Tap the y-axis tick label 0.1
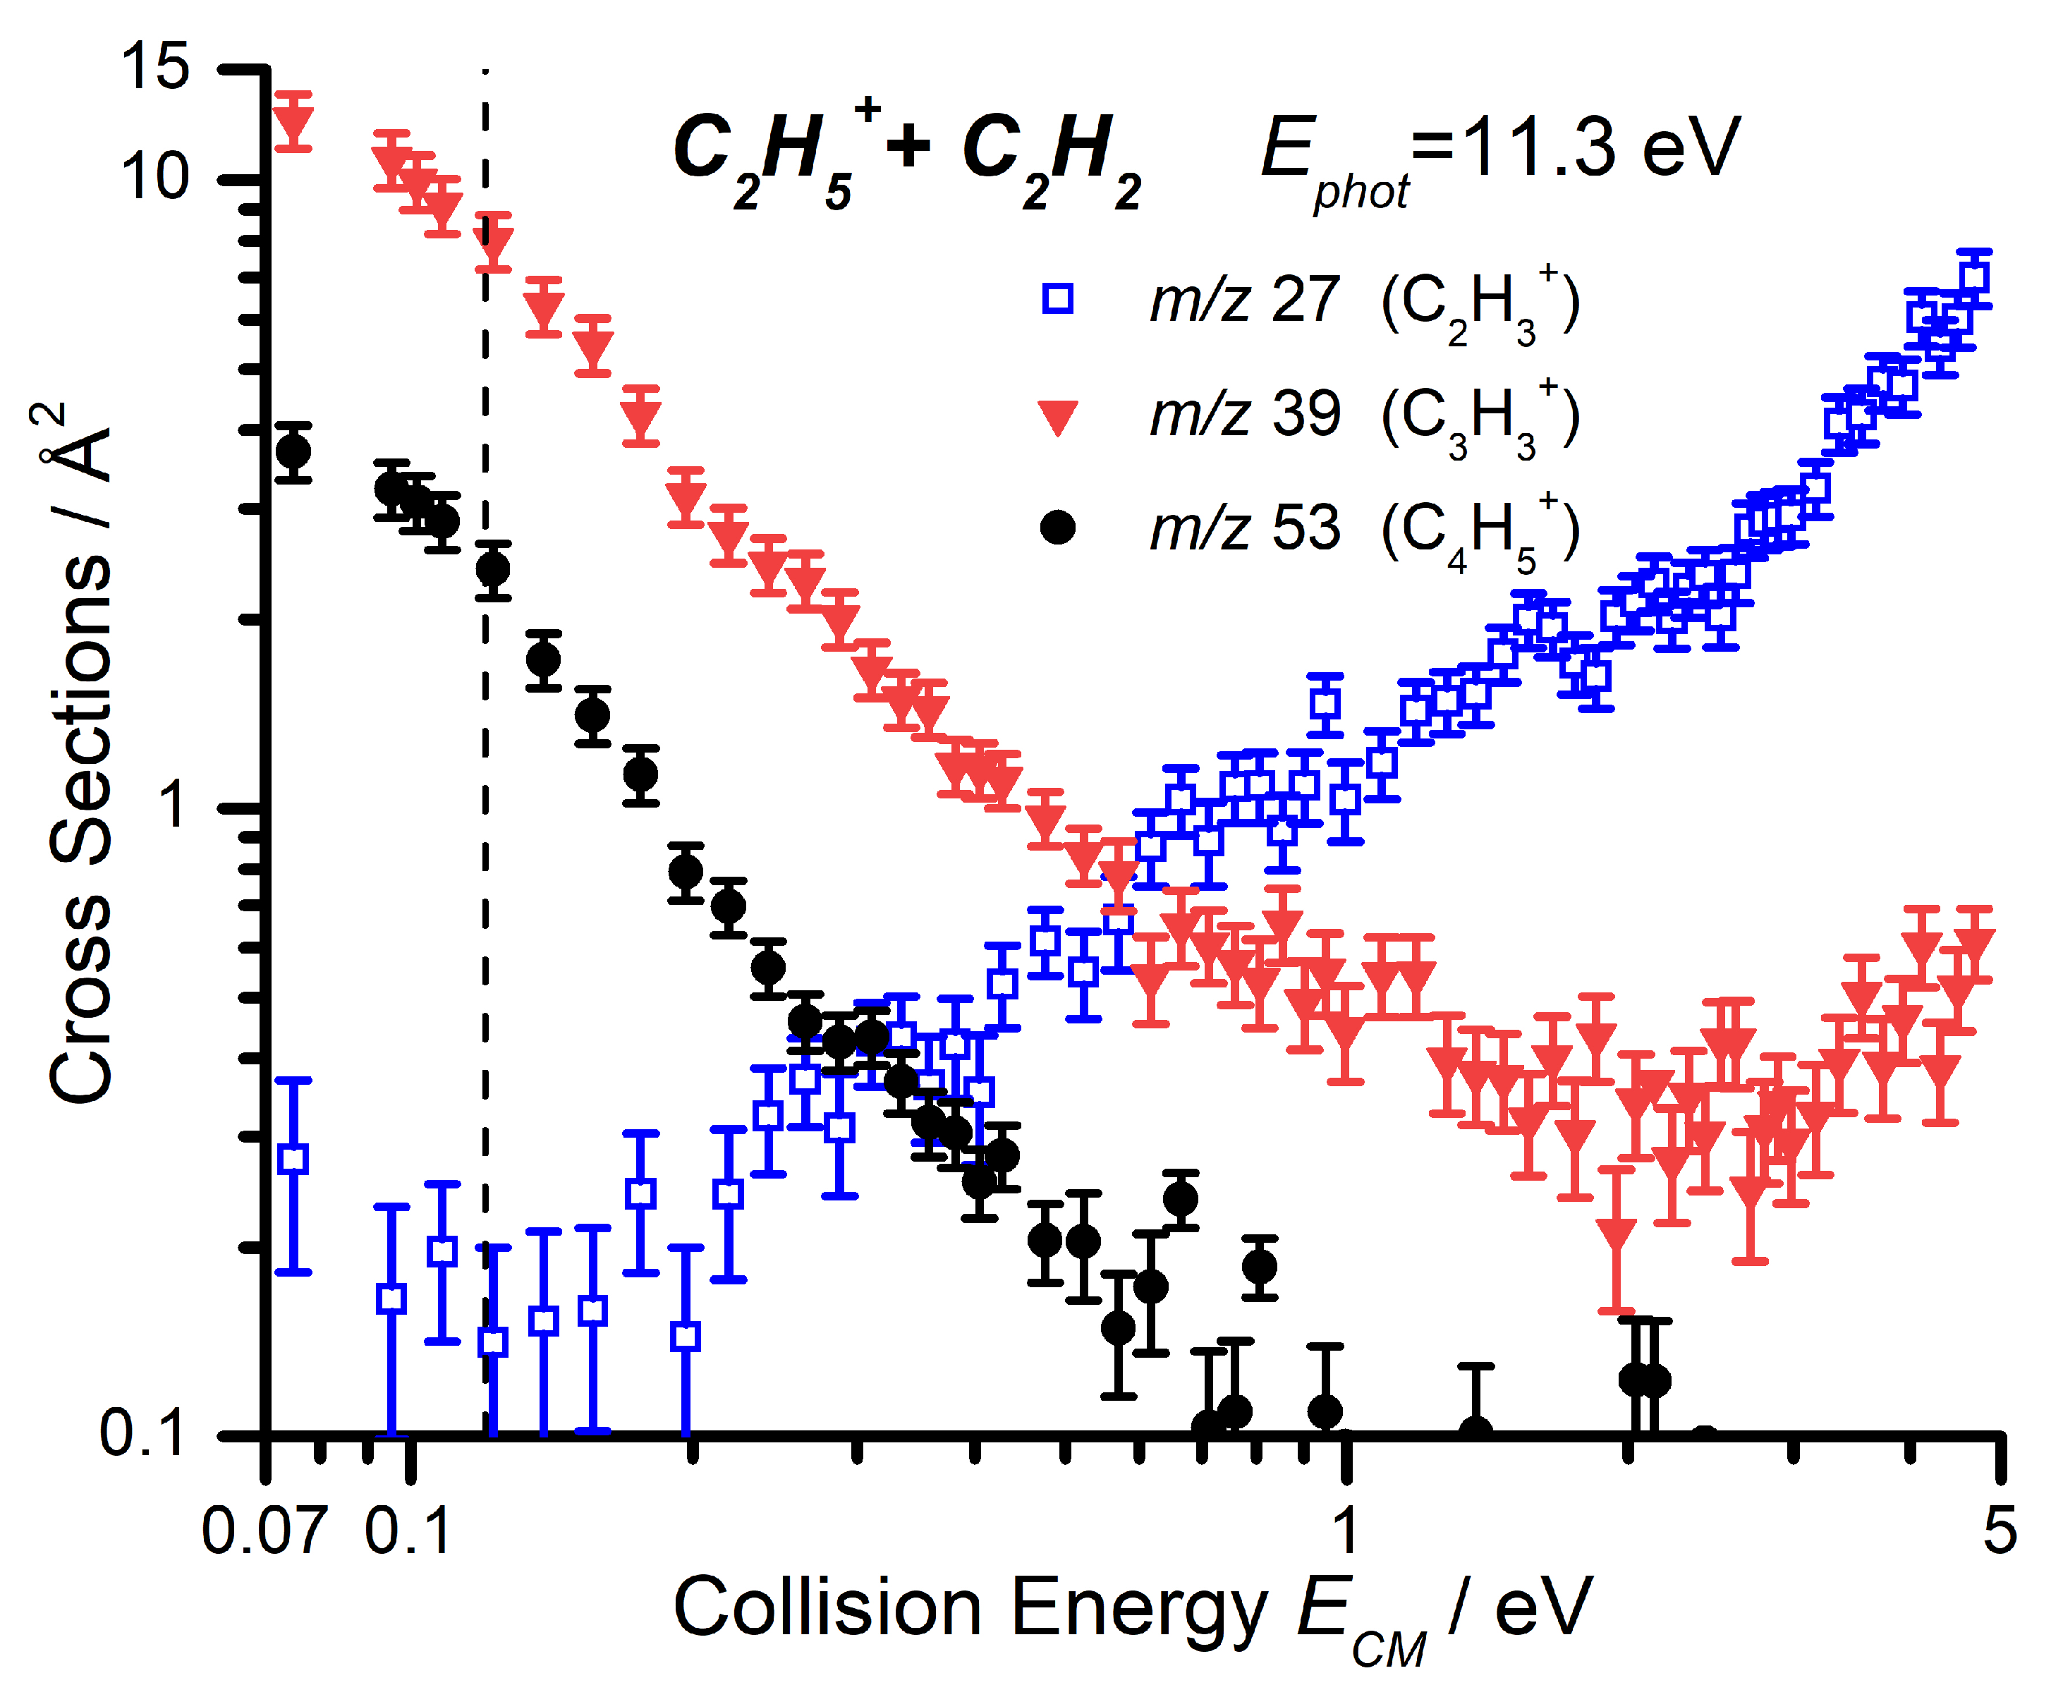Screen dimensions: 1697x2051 (x=142, y=1433)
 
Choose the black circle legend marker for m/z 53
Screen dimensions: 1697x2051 (x=1058, y=528)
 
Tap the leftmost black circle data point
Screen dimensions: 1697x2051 (x=293, y=452)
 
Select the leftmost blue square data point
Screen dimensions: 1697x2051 (x=293, y=1160)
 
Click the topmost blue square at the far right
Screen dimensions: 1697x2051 (x=1975, y=276)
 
